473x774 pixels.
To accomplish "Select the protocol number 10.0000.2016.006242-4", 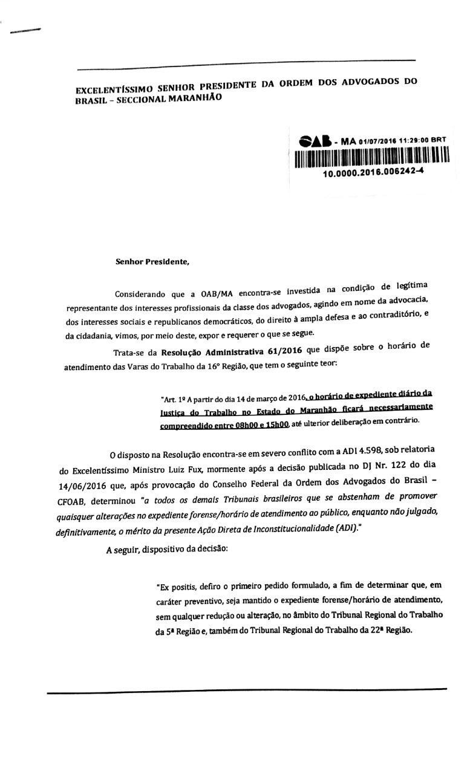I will [373, 172].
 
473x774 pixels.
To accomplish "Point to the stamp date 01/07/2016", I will [377, 141].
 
